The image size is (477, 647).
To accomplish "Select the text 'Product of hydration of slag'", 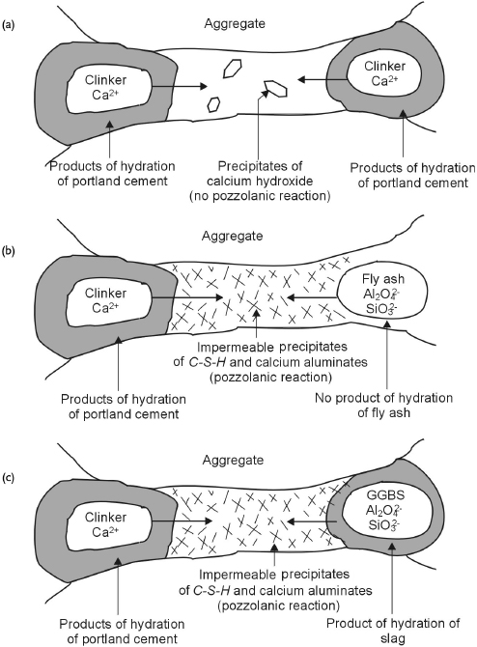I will coord(386,599).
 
